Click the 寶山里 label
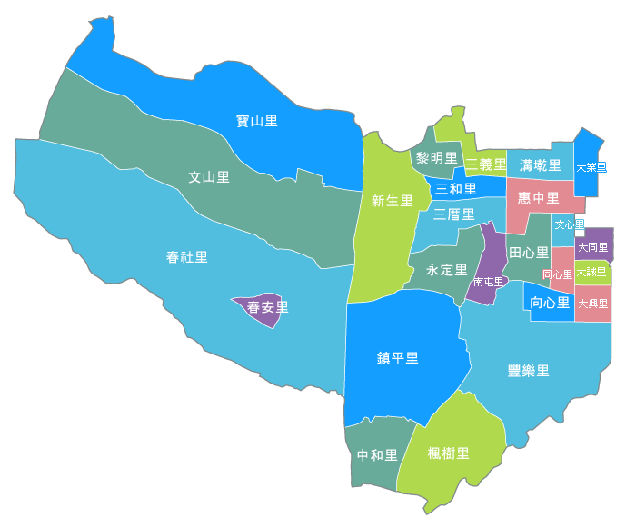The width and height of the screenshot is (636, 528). [x=256, y=121]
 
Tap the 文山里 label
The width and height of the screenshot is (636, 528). [x=209, y=177]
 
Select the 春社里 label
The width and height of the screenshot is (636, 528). [x=187, y=257]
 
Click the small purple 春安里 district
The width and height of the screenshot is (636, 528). [x=266, y=307]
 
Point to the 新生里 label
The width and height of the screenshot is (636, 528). [x=393, y=201]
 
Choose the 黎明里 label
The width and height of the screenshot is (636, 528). [x=436, y=158]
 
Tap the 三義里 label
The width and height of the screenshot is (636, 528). [x=485, y=164]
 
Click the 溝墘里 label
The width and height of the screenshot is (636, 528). [x=541, y=164]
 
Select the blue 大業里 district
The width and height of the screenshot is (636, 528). [x=591, y=167]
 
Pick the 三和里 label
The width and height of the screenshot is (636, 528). [x=455, y=189]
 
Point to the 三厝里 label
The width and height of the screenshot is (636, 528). [x=453, y=214]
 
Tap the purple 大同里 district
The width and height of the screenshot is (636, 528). [x=593, y=246]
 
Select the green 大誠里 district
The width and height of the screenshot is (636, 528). [x=592, y=272]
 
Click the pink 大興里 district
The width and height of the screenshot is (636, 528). [x=592, y=304]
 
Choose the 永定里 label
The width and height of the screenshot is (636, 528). [x=446, y=270]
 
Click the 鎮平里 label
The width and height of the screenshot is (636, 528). [x=398, y=357]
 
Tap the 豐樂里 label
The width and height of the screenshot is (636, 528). [x=528, y=370]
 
